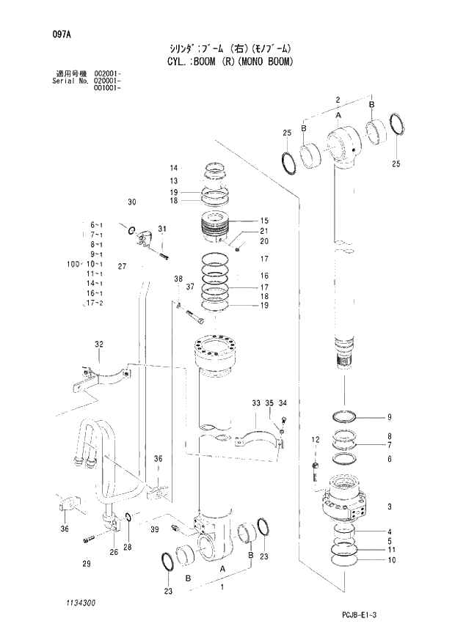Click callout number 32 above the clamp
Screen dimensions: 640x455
[98, 344]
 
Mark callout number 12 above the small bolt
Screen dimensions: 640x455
[314, 440]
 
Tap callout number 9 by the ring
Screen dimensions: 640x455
[389, 417]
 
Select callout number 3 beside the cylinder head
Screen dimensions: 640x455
[389, 507]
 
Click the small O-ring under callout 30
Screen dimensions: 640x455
[131, 232]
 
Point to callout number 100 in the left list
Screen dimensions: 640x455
[73, 263]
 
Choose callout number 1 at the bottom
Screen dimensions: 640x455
[222, 586]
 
